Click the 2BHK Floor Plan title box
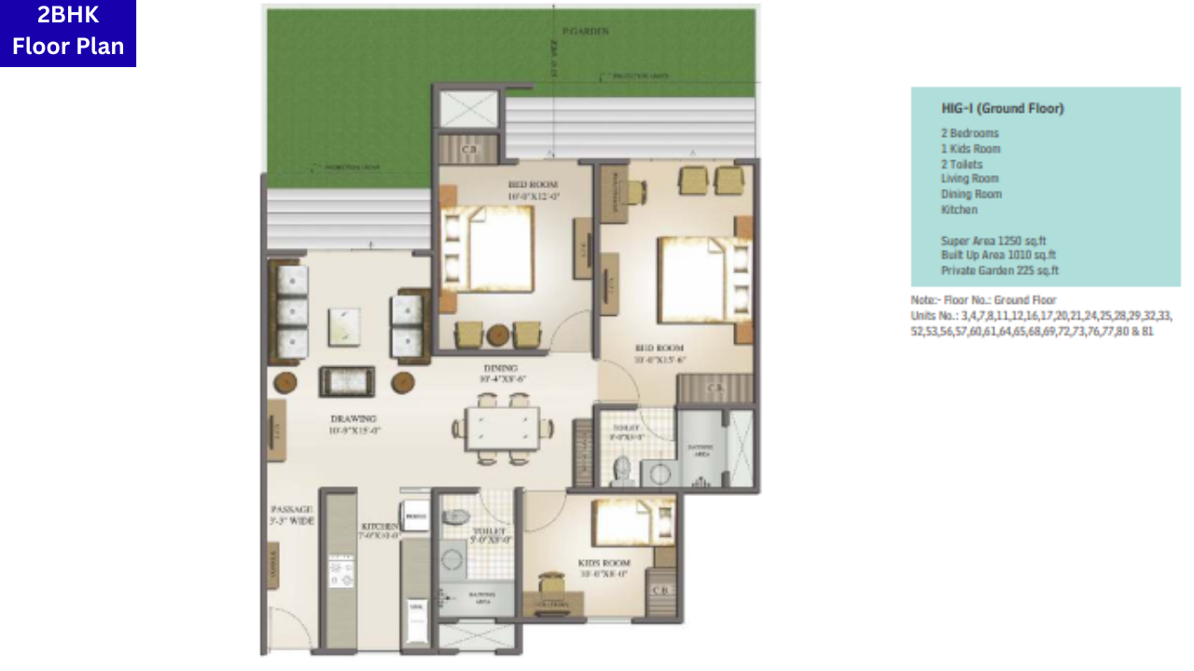[x=68, y=33]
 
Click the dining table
[x=502, y=429]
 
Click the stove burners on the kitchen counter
[x=340, y=570]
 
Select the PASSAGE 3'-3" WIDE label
[x=292, y=515]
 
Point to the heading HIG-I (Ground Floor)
[x=1002, y=108]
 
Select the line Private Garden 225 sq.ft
[x=1000, y=270]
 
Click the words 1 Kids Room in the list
[x=970, y=148]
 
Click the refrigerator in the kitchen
[x=415, y=515]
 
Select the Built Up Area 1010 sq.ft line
[x=998, y=254]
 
